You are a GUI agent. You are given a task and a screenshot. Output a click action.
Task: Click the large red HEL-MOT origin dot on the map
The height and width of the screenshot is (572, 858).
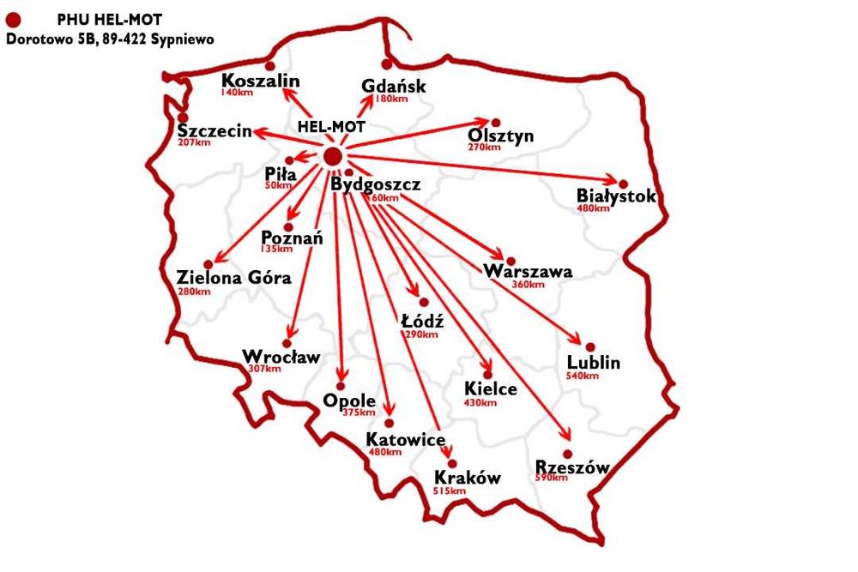(x=332, y=155)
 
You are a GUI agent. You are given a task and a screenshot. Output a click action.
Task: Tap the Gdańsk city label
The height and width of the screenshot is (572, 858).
(x=394, y=87)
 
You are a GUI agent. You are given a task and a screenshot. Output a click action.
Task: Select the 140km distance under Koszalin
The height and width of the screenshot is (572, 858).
(x=235, y=92)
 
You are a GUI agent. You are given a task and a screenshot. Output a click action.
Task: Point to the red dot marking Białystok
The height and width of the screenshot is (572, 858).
(x=624, y=184)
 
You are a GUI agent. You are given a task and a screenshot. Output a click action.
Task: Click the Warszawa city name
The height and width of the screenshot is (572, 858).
(x=528, y=272)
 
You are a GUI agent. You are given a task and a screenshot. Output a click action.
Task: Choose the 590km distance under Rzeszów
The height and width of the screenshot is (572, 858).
(x=552, y=478)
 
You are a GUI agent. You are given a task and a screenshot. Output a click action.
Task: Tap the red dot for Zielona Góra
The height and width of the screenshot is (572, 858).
(x=208, y=264)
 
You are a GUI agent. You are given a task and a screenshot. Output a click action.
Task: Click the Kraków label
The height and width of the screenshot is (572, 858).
(x=468, y=478)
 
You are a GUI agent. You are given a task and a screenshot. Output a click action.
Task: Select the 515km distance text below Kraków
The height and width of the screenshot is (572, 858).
(x=450, y=491)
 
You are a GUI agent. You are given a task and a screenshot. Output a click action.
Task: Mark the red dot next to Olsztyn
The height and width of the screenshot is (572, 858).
(x=495, y=123)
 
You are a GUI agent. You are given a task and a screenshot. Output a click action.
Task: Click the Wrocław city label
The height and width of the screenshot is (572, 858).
(x=281, y=356)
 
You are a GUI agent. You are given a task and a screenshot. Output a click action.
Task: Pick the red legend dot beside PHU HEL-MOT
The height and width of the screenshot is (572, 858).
(x=14, y=18)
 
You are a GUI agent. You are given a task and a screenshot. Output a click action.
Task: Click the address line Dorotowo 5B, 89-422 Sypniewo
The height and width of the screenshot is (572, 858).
(x=110, y=39)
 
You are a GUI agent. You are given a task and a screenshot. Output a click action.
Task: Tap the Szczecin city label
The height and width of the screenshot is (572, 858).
(x=214, y=130)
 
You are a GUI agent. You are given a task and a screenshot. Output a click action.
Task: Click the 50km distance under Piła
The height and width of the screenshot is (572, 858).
(x=278, y=186)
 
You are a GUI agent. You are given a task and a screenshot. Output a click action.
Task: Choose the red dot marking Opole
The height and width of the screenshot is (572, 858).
(x=341, y=384)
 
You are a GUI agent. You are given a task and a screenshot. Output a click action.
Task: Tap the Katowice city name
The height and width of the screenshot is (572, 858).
(x=405, y=440)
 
